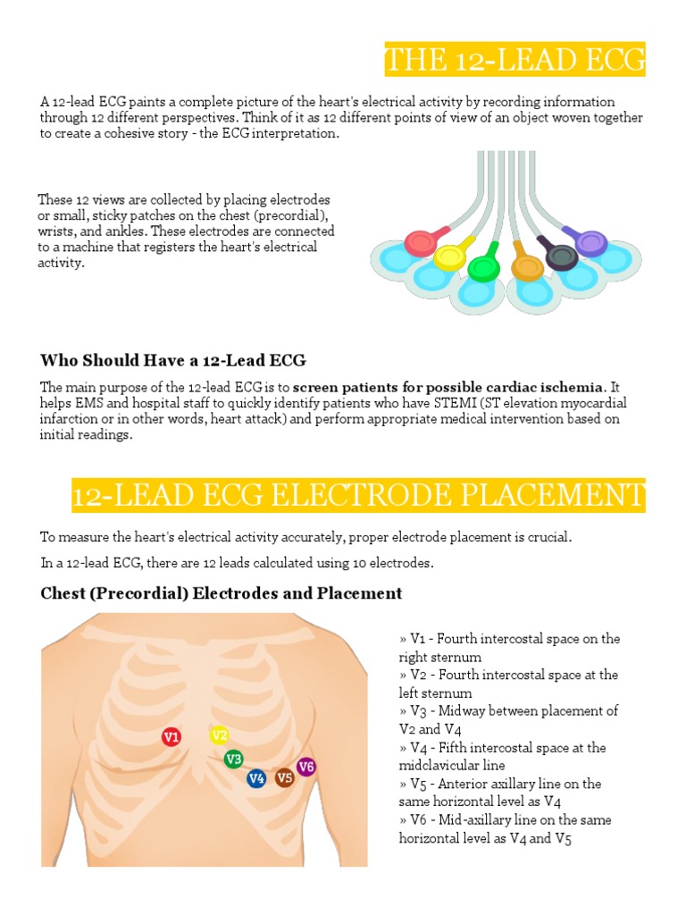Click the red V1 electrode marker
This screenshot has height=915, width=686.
tap(171, 737)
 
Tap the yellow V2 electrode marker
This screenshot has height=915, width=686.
tap(219, 735)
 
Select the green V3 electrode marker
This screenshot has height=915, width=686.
tap(233, 760)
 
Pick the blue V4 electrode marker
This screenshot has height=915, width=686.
tap(256, 778)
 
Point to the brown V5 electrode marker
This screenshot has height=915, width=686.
tap(284, 777)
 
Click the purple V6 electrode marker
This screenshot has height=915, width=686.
tap(306, 766)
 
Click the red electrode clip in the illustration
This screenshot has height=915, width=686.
tap(418, 242)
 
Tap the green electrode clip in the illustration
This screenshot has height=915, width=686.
tap(482, 266)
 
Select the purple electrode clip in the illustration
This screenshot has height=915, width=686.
tap(590, 241)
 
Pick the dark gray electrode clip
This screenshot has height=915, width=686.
tap(562, 257)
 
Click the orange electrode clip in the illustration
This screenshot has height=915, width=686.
tap(527, 265)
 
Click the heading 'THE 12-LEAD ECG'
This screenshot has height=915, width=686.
tap(514, 60)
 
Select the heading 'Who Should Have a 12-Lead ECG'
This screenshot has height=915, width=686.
tap(173, 360)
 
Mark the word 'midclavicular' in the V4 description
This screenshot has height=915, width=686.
tap(441, 766)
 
